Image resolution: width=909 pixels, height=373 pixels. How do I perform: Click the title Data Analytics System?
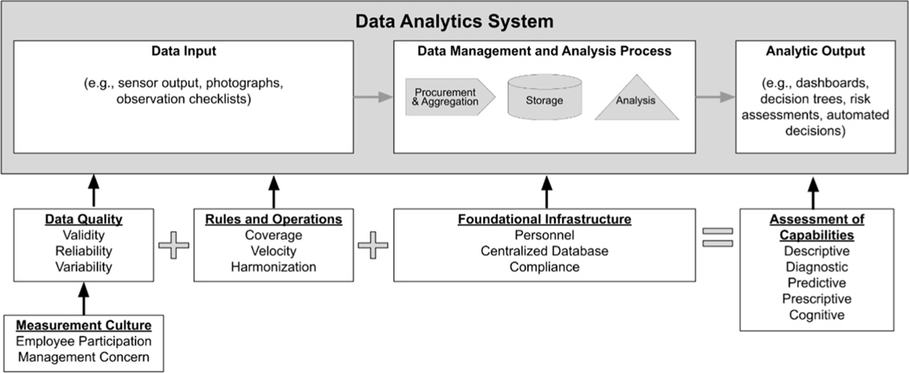click(454, 20)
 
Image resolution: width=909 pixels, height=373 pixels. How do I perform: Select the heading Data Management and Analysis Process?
click(543, 53)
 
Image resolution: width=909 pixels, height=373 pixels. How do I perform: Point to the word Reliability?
click(83, 251)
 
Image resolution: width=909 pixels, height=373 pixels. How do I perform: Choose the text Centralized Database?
click(544, 251)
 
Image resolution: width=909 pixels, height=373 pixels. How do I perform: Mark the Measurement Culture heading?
click(83, 325)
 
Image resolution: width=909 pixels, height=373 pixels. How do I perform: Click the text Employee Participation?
click(83, 341)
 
